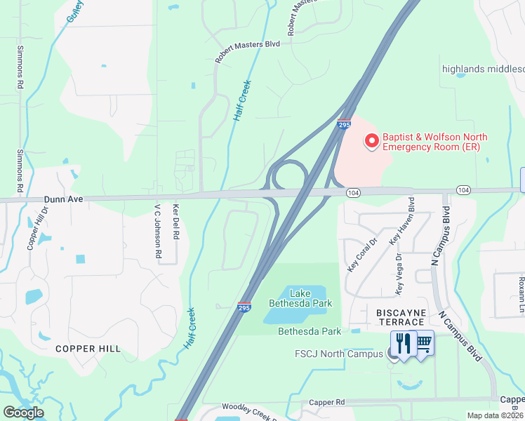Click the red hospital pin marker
coord(371,141)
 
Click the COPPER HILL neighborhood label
coord(88,349)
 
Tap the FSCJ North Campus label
coord(340,353)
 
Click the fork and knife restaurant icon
coord(403,343)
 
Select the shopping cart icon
coord(423,342)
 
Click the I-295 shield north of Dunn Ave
coord(343,124)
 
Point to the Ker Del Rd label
coord(176,220)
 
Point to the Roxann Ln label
coord(521,285)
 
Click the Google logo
coord(23,413)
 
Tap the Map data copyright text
coord(496,415)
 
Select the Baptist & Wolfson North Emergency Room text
coord(434,142)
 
